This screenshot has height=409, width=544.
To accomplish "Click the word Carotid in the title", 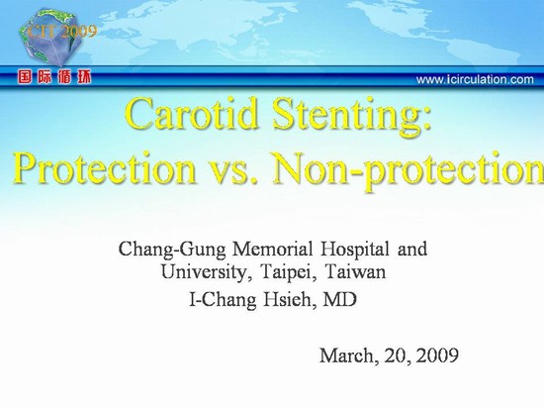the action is [x=193, y=114].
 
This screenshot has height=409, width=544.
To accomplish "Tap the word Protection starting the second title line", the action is [x=105, y=167].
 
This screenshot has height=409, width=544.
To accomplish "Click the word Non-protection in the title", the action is [x=408, y=171].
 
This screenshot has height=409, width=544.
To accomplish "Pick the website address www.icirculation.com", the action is [x=475, y=79].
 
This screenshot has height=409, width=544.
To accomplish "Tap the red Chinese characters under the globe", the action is [x=54, y=77].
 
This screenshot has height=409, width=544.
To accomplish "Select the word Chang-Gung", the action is [x=172, y=251].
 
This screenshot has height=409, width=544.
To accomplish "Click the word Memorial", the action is [x=273, y=250].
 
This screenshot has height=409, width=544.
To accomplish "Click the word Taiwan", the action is [x=356, y=272].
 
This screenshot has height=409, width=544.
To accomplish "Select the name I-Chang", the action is [x=224, y=300].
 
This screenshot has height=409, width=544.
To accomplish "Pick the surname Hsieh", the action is [x=290, y=300].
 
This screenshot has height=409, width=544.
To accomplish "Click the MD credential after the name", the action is [x=340, y=299].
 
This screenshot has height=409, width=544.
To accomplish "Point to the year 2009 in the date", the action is [x=437, y=356].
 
